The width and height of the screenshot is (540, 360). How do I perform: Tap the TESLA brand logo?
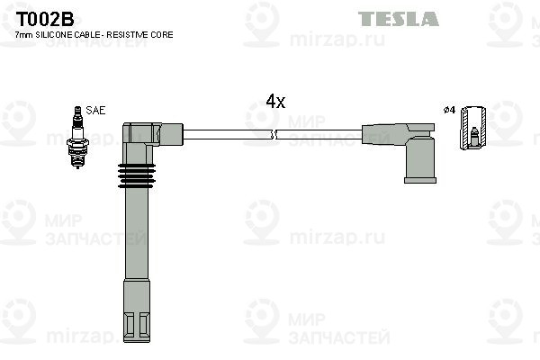398,19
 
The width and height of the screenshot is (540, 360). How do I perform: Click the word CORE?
163,34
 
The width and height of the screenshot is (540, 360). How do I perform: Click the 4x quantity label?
275,102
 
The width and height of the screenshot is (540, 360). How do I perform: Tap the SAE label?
96,110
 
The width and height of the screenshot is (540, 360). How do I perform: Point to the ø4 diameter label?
449,110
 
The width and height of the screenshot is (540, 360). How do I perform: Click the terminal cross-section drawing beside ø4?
473,128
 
